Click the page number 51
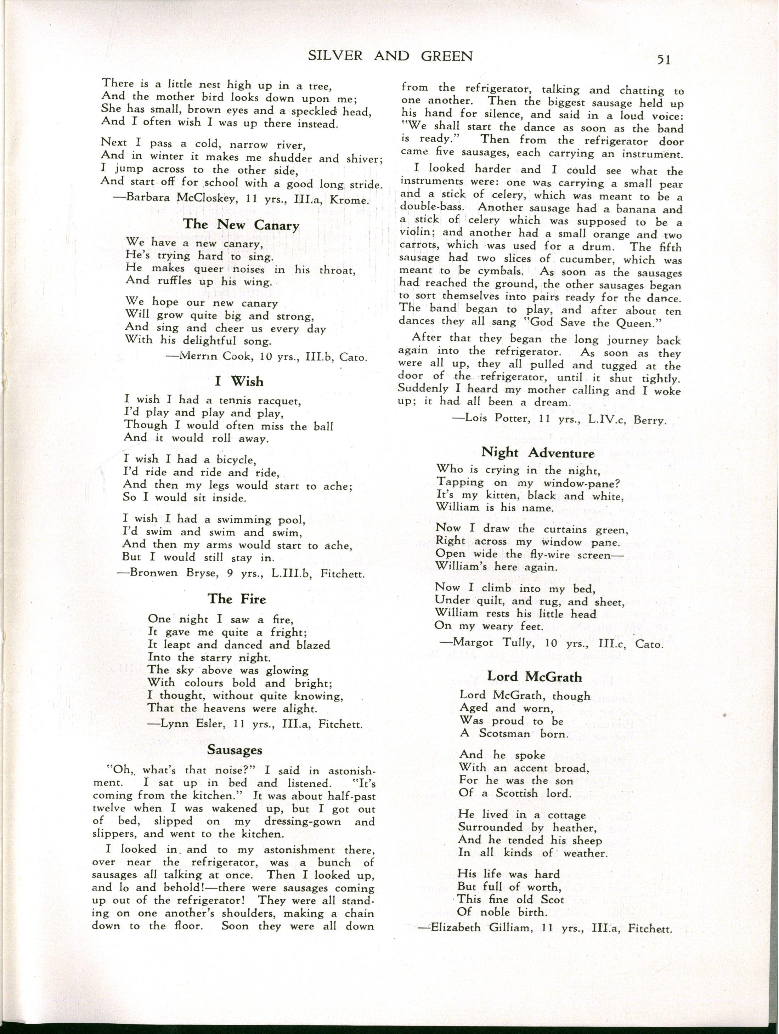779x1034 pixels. click(x=664, y=59)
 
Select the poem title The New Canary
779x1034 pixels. click(x=241, y=225)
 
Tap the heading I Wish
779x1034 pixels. click(x=239, y=381)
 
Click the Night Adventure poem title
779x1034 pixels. click(x=538, y=453)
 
